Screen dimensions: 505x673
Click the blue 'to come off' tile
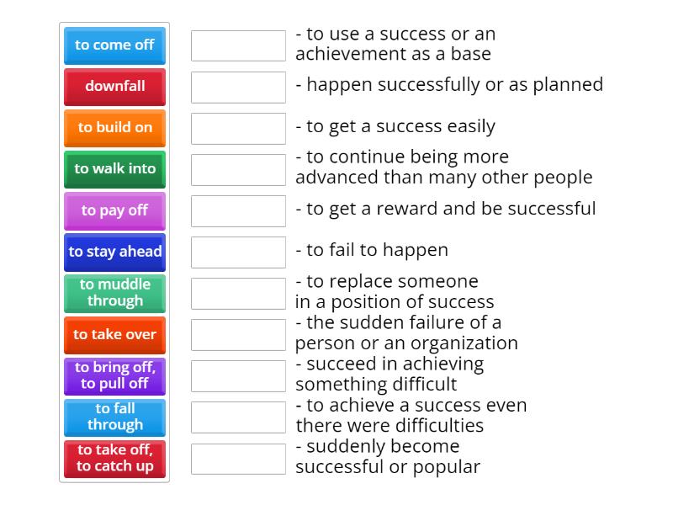[x=114, y=45]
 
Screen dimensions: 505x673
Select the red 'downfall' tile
[x=114, y=87]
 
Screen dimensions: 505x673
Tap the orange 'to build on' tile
[x=114, y=128]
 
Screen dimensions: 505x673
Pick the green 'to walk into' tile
[x=114, y=169]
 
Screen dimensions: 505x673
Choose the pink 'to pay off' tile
[x=114, y=210]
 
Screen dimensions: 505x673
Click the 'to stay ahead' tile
[x=114, y=252]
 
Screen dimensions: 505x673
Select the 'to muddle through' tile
[x=114, y=293]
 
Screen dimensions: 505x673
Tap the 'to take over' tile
[x=114, y=335]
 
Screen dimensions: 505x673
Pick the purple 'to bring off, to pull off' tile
[x=114, y=375]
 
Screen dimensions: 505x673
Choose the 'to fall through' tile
[x=114, y=417]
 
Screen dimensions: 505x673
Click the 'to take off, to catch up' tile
[x=114, y=458]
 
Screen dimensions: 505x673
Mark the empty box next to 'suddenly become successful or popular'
[x=238, y=459]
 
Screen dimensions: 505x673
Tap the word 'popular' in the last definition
[x=449, y=467]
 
